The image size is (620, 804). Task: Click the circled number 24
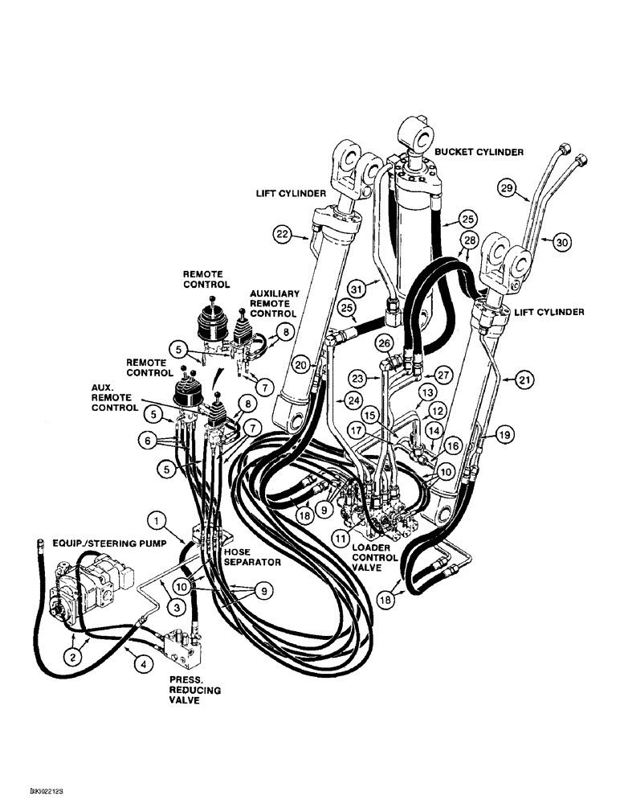point(351,399)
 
